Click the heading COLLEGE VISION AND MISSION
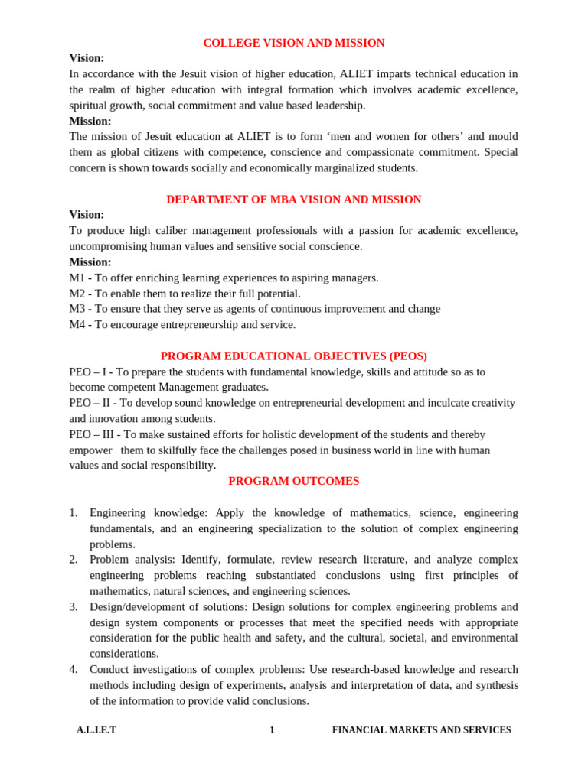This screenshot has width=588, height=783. (294, 43)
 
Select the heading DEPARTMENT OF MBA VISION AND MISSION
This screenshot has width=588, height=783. (294, 200)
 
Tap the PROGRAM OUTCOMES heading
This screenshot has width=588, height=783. (294, 481)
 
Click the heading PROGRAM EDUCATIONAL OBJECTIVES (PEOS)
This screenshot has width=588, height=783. (294, 356)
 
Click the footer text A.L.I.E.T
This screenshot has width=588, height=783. (96, 730)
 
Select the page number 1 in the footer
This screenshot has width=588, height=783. (272, 730)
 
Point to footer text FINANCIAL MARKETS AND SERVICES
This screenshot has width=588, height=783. (421, 730)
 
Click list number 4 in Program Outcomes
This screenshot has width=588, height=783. (73, 669)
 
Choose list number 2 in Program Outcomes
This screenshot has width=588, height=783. (73, 559)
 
